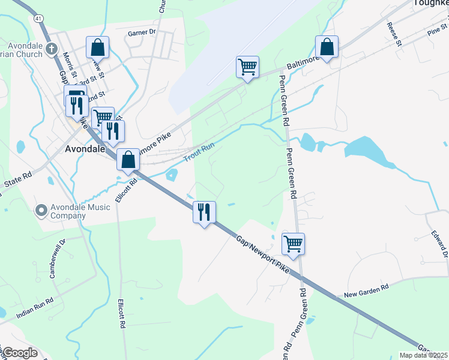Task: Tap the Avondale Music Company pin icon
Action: tap(41, 210)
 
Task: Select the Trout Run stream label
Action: tap(197, 154)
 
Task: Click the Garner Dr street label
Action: tap(142, 32)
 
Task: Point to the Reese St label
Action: tap(394, 34)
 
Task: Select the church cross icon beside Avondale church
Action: tap(51, 48)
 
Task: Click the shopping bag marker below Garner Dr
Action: tap(97, 47)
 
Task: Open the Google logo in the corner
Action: tap(19, 353)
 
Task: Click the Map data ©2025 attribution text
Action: tap(423, 355)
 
